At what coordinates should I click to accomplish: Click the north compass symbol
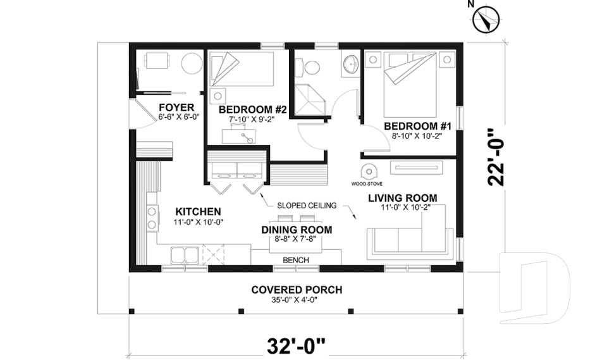point(486,19)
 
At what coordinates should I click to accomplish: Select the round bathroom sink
point(351,63)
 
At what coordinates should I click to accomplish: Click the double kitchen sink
point(185,256)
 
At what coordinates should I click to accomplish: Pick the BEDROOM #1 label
point(418,127)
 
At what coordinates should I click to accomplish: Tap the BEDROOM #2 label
point(252,109)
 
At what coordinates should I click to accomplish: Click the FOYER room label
point(176,108)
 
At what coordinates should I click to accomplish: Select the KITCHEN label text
point(198,211)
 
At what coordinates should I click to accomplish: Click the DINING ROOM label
point(297,230)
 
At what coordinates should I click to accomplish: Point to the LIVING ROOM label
point(403,198)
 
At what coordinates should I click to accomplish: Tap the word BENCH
point(296,260)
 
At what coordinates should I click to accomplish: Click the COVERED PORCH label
point(297,290)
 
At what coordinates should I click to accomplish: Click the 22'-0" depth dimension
point(496,157)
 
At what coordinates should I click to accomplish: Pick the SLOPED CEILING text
point(307,206)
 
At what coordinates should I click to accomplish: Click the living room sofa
point(410,232)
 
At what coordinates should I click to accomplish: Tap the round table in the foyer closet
point(192,64)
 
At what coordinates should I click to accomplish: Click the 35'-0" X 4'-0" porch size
point(296,299)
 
